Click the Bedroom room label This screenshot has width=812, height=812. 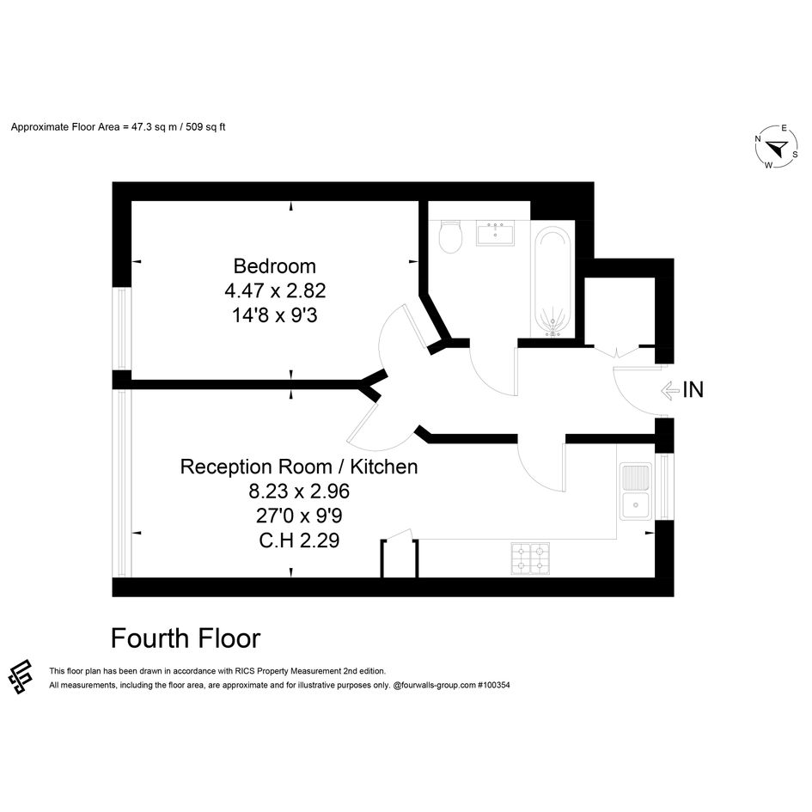(x=274, y=266)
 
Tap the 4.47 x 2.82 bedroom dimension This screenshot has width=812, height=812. (x=275, y=290)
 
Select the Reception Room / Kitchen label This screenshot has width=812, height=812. (x=299, y=467)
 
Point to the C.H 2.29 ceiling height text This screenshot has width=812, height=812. (x=299, y=540)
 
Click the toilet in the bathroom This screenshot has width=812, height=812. (x=450, y=236)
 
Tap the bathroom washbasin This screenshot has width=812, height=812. (x=495, y=232)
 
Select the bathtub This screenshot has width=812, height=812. (x=553, y=281)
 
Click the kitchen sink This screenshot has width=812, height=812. (x=636, y=491)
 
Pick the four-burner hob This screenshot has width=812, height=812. (x=530, y=559)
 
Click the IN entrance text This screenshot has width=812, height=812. (x=693, y=390)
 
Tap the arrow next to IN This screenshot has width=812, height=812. (x=670, y=390)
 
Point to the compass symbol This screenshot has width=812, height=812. (x=776, y=147)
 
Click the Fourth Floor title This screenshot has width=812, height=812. (x=186, y=638)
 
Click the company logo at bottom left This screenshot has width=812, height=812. (x=21, y=676)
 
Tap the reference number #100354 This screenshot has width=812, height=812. (x=493, y=685)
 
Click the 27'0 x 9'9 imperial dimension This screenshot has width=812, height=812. (x=299, y=516)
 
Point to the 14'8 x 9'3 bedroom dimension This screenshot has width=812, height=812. (x=274, y=314)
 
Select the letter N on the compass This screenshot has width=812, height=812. (x=758, y=139)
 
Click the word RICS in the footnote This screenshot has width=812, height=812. (x=244, y=671)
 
